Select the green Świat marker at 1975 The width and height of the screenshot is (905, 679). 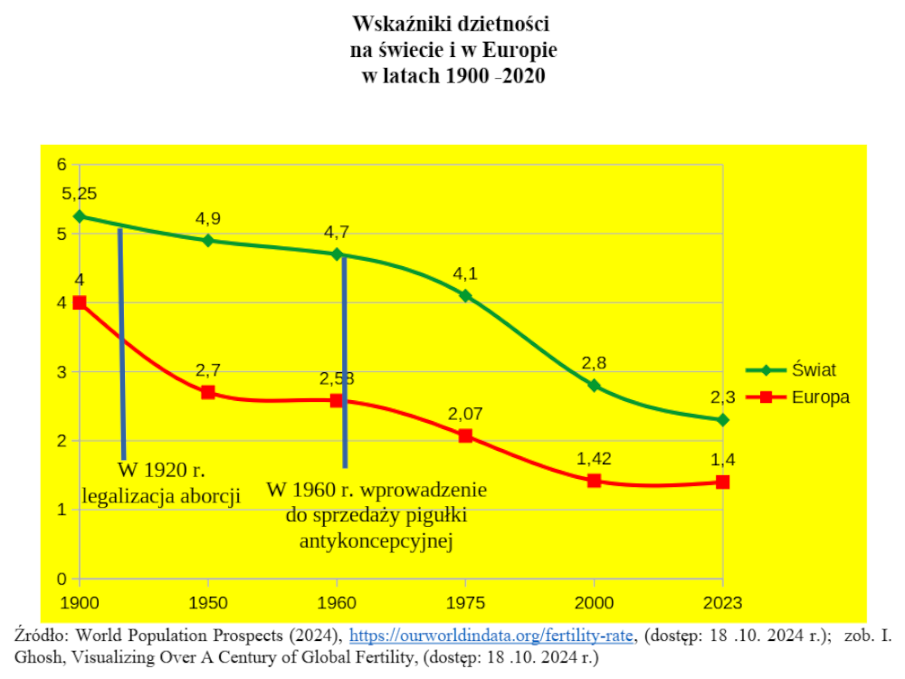[x=466, y=295]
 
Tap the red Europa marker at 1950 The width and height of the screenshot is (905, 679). [x=208, y=392]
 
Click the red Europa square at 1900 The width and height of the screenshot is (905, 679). [x=80, y=302]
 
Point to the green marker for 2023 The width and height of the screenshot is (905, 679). [x=722, y=420]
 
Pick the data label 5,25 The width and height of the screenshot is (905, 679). [x=80, y=194]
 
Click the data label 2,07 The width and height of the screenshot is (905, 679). [x=466, y=414]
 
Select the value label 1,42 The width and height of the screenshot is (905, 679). [x=595, y=458]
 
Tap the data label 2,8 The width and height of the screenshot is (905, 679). [x=595, y=363]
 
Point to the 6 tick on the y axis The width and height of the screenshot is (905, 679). [x=62, y=165]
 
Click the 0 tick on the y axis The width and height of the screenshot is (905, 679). [x=62, y=579]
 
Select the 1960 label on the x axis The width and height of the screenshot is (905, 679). [x=338, y=601]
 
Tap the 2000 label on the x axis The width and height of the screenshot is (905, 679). [x=595, y=601]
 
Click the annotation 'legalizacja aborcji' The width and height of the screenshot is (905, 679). [x=161, y=495]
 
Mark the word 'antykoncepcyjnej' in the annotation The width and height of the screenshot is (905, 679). [x=376, y=542]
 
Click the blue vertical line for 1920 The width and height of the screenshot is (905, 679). [x=121, y=344]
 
